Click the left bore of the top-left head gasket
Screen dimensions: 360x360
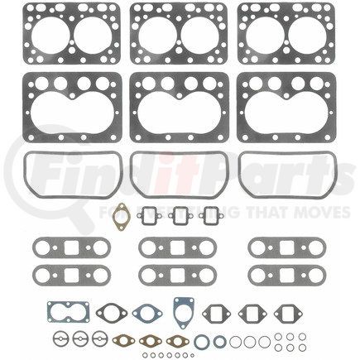click(46, 33)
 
